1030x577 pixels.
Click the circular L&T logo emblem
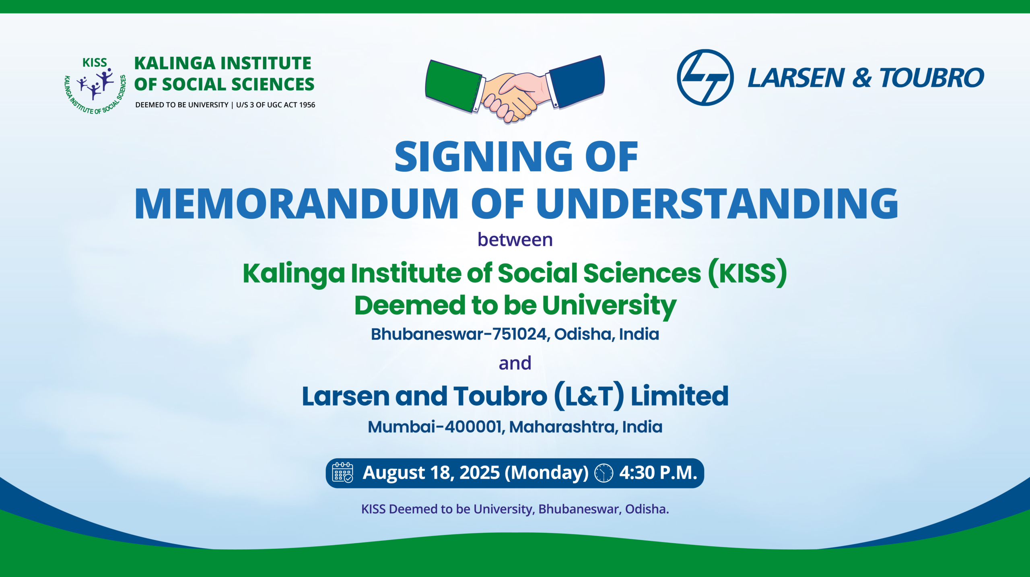[705, 77]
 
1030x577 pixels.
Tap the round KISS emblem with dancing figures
[95, 86]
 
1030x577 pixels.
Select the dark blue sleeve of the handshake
[577, 82]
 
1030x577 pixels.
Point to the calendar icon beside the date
[342, 472]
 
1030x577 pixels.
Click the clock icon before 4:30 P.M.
[604, 473]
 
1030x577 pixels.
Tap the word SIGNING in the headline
[483, 157]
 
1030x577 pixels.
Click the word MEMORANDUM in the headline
[296, 204]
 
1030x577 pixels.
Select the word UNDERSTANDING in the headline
[717, 204]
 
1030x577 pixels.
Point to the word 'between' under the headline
[515, 240]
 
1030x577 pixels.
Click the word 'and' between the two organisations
[515, 363]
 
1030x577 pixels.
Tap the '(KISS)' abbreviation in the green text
[747, 273]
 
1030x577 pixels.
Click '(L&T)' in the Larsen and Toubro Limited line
[589, 396]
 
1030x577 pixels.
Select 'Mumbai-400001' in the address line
[435, 427]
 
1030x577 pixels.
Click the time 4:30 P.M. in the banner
[658, 473]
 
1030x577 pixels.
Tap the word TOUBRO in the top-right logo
[932, 78]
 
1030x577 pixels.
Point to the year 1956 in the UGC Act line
[307, 105]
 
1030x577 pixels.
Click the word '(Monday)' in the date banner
[546, 473]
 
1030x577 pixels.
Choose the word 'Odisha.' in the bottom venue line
[647, 509]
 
